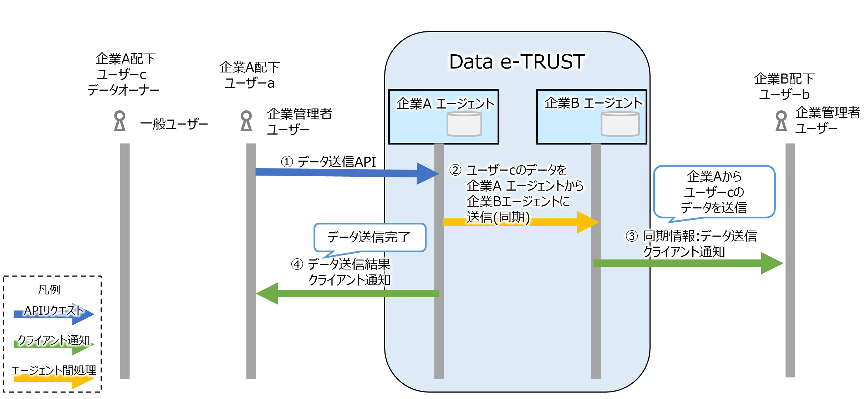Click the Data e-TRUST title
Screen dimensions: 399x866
pos(517,62)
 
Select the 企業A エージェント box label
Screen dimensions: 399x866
pos(445,103)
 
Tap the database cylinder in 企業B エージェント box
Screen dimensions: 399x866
pos(620,124)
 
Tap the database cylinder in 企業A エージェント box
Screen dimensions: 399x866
pos(464,124)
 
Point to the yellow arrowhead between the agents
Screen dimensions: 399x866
pos(587,222)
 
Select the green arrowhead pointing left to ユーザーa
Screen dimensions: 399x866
pos(268,293)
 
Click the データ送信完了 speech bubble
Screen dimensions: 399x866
pos(370,237)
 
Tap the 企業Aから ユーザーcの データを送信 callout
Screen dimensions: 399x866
pos(714,192)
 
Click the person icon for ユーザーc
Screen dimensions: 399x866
pos(119,121)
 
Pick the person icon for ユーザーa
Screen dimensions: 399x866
pos(246,121)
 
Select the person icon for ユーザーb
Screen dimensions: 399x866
pos(781,121)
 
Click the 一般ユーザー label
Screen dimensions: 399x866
pos(174,124)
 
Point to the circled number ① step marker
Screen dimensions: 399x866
pos(287,162)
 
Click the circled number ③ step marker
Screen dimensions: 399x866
pos(632,236)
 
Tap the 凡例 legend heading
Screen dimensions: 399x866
pos(49,289)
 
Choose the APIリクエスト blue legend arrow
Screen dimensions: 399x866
pos(54,314)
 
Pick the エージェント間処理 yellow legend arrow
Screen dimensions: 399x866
pos(54,379)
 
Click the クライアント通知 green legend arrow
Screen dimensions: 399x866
pos(54,344)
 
